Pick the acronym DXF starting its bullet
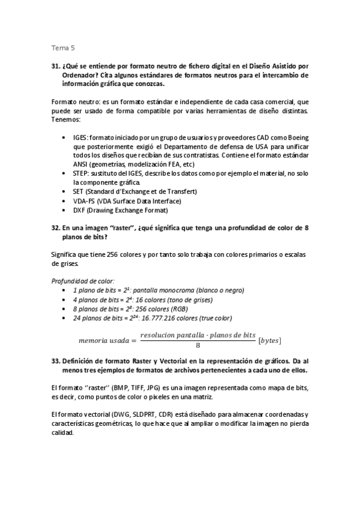[x=79, y=210]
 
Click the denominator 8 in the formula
[x=198, y=346]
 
